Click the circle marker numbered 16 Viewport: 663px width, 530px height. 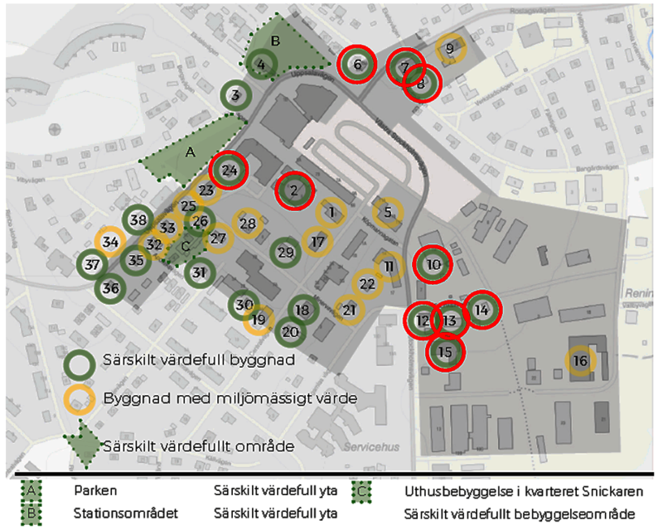580,361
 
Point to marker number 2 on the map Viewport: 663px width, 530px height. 294,191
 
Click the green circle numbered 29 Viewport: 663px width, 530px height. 285,253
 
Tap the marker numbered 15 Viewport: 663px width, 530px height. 445,352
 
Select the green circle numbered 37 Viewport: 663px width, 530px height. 92,265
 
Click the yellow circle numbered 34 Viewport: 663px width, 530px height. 110,242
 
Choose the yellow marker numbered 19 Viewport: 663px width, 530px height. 259,320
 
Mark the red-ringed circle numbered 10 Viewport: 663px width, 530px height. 433,265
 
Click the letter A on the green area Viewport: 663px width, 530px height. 190,152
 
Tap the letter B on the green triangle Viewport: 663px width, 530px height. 277,40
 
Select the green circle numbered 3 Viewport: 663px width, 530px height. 236,95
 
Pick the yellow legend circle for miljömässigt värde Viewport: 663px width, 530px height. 80,398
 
